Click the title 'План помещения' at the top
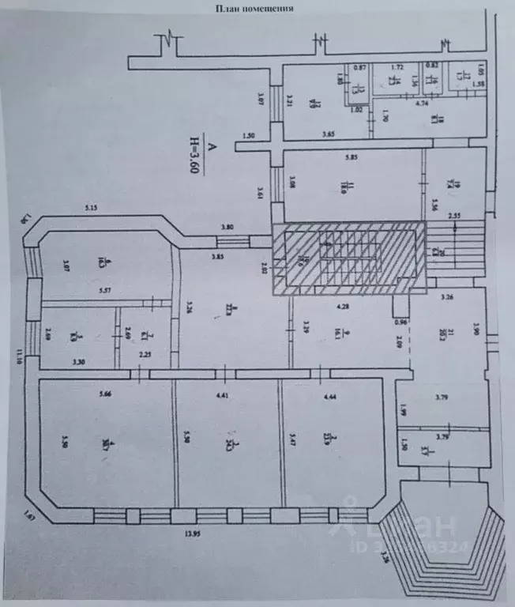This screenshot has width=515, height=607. [x=254, y=9]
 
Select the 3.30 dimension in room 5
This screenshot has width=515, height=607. [x=77, y=360]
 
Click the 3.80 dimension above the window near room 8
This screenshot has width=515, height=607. [x=229, y=228]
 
